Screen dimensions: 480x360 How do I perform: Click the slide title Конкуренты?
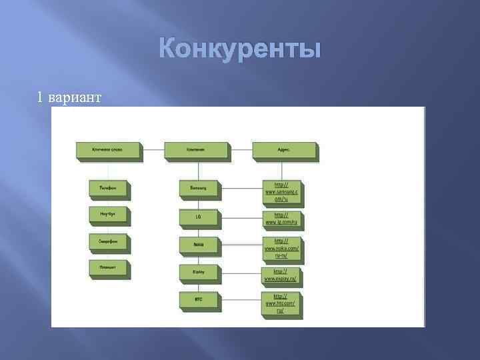click(x=241, y=50)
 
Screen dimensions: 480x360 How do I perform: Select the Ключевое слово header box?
click(x=107, y=150)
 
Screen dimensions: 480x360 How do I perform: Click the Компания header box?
click(x=195, y=150)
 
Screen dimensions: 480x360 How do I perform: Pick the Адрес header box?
click(x=284, y=150)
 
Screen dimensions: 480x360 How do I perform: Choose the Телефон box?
click(x=108, y=189)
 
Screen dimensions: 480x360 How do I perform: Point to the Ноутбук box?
click(x=108, y=215)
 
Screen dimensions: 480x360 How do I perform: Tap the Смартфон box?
click(x=108, y=241)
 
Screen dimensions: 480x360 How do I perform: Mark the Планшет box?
click(x=108, y=268)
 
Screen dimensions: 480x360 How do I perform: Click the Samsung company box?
click(x=199, y=189)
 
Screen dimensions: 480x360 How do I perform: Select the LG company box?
click(x=199, y=217)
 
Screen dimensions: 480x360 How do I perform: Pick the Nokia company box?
click(x=199, y=245)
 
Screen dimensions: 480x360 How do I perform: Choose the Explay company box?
click(x=199, y=272)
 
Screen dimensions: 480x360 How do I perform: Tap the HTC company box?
click(x=199, y=300)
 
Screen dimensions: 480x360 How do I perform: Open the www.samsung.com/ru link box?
click(x=281, y=191)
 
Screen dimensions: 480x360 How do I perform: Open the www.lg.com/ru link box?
click(x=281, y=219)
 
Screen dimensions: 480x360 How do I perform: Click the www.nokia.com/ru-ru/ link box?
click(x=281, y=247)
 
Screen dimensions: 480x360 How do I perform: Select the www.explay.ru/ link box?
click(x=281, y=275)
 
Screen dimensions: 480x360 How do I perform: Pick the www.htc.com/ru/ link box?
click(x=281, y=303)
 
